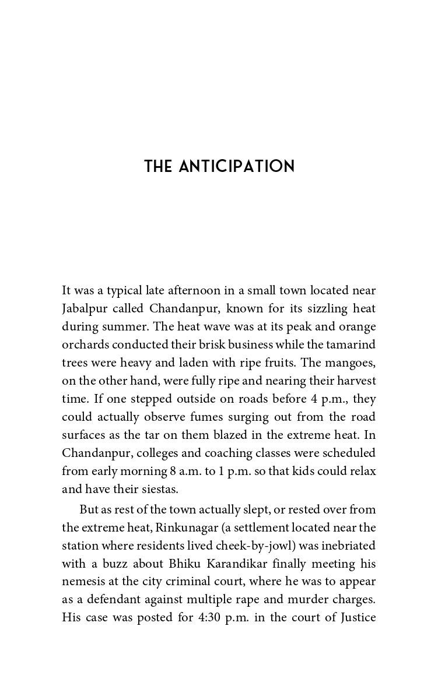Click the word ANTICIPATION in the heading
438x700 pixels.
tap(237, 167)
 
